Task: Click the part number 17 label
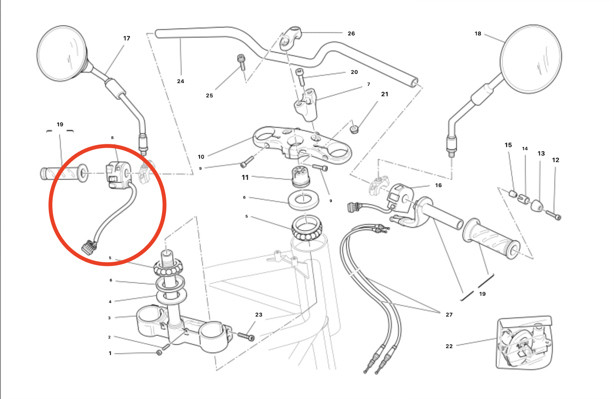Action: point(127,38)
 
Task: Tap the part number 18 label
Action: point(478,34)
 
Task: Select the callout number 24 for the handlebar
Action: point(181,81)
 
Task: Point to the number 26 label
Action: point(351,34)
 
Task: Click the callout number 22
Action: point(449,346)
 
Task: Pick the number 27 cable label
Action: point(449,314)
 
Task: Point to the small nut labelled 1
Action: point(159,352)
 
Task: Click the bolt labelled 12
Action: point(553,215)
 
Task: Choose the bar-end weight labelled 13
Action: point(537,206)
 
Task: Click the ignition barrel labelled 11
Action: point(301,176)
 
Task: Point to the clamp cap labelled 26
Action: point(291,36)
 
